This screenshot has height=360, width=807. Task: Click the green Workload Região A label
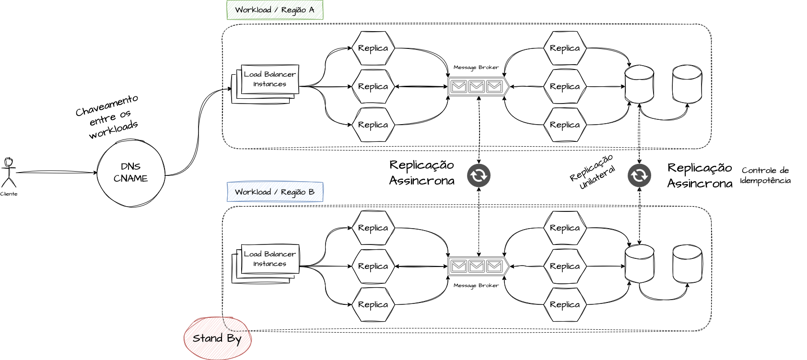coord(275,10)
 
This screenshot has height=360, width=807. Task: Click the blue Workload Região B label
coord(275,192)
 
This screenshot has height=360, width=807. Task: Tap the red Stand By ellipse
coord(218,338)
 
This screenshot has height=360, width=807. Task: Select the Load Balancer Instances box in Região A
coord(270,79)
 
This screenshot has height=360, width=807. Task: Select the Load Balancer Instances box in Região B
coord(270,259)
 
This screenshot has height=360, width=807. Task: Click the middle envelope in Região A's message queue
coord(476,86)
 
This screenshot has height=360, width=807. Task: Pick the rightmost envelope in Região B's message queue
coord(494,266)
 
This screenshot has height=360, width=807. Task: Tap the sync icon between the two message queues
coord(479,175)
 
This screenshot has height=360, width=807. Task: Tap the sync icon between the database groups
coord(639,175)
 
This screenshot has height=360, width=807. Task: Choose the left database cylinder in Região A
coord(639,84)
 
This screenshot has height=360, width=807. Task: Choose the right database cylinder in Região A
coord(687,84)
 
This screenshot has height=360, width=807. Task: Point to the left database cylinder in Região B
coord(639,264)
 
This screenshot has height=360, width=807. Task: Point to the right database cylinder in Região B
coord(687,264)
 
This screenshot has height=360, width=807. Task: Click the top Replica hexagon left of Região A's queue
coord(373,48)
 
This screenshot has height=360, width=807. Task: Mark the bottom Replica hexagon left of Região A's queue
coord(373,125)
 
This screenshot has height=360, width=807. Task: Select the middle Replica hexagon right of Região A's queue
coord(565,86)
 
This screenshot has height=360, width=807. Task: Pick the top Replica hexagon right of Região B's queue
coord(565,228)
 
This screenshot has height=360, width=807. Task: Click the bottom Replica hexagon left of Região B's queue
coord(373,304)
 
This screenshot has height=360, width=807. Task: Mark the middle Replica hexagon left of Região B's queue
coord(373,266)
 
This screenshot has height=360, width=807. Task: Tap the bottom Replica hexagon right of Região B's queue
coord(565,304)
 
